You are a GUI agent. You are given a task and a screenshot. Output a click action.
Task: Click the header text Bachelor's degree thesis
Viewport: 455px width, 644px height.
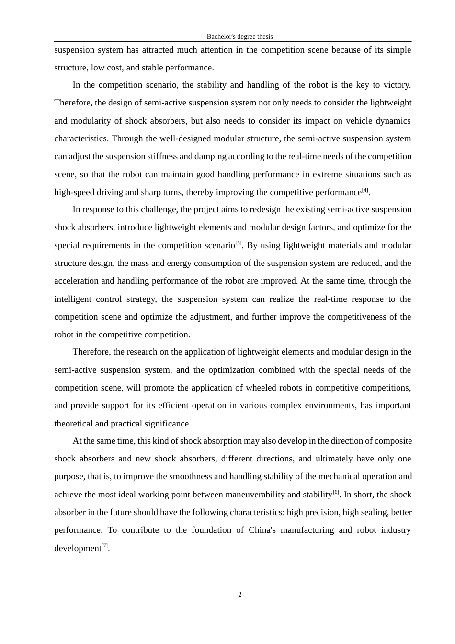(x=239, y=37)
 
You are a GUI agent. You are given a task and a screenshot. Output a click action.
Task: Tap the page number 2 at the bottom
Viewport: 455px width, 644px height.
(x=240, y=595)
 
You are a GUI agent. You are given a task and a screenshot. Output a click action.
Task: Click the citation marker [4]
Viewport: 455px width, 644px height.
(x=365, y=190)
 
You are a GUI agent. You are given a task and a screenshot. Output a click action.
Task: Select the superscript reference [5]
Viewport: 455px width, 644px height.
(x=239, y=243)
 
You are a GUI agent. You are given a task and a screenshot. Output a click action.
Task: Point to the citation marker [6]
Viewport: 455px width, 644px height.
(x=336, y=492)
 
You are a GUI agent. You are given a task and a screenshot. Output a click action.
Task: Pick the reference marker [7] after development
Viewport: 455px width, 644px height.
(x=105, y=546)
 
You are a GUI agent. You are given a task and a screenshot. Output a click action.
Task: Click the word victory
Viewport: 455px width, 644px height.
(x=396, y=85)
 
